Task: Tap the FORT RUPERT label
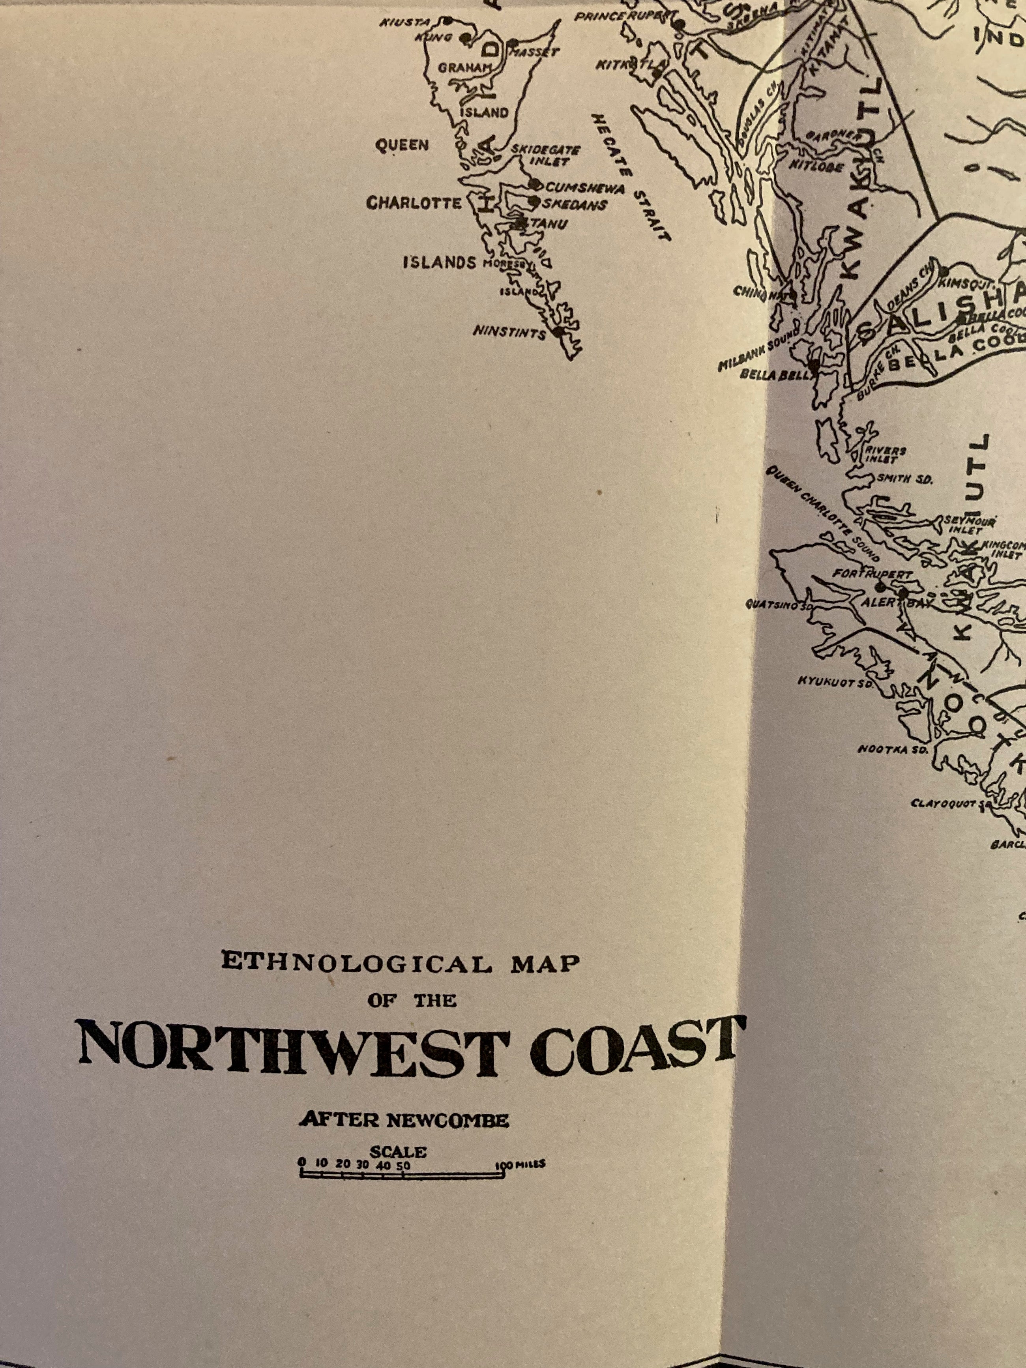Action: pos(872,575)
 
